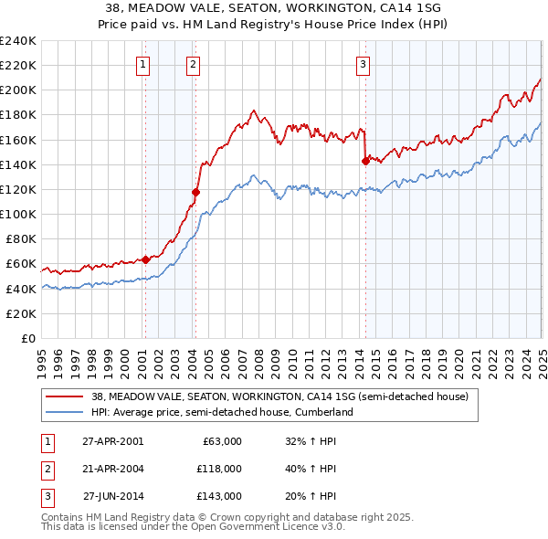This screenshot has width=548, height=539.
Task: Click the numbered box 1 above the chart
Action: click(144, 64)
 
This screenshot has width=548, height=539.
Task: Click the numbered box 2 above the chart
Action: click(195, 64)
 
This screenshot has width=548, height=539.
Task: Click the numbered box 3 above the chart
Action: click(364, 64)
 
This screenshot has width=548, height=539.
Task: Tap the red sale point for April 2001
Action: click(145, 259)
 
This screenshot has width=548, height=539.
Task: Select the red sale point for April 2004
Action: click(195, 192)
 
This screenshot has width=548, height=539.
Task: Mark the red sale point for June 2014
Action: click(365, 161)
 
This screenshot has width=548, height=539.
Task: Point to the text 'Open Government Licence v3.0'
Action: click(269, 527)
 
